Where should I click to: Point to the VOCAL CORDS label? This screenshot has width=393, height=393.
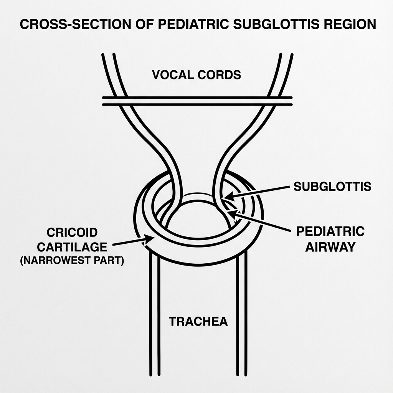click(196, 74)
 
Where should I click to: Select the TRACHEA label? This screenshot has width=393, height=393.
click(198, 321)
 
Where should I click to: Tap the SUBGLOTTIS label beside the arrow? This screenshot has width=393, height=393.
click(332, 187)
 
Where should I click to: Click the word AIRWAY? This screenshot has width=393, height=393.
click(330, 247)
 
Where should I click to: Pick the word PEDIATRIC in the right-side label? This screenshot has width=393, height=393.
click(330, 232)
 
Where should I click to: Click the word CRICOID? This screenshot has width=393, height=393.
click(72, 232)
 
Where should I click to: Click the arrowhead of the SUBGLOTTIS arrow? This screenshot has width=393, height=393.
click(226, 197)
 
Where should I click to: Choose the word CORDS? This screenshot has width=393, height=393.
click(219, 74)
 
